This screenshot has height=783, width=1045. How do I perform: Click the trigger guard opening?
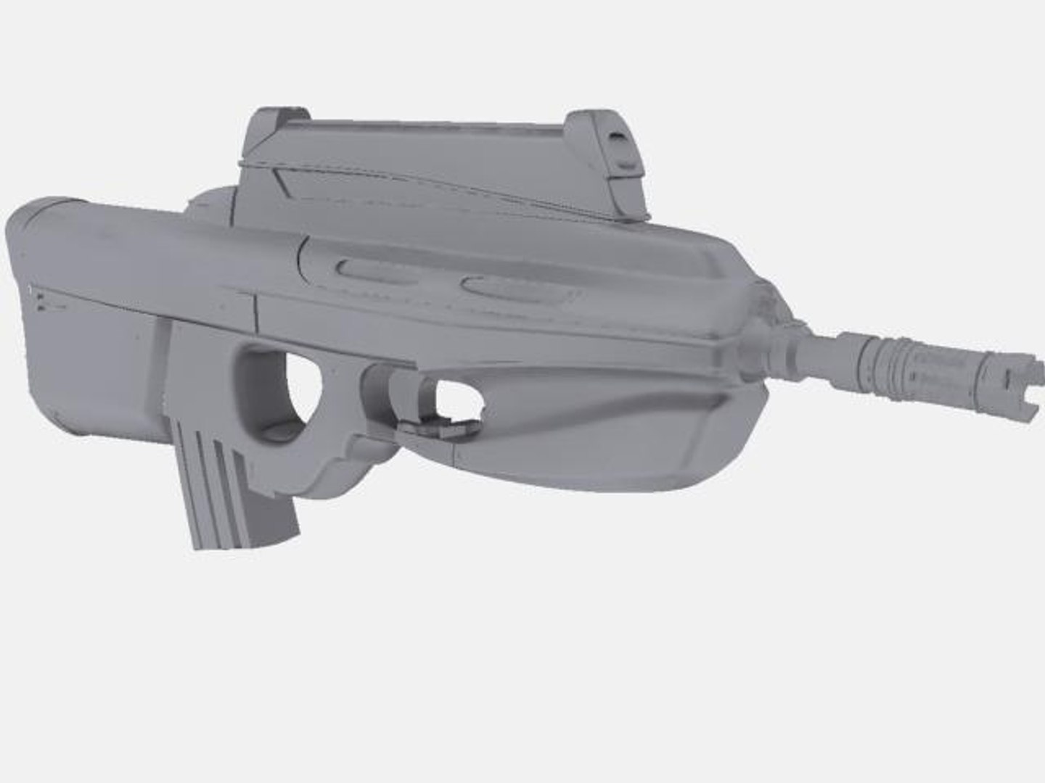pos(454,399)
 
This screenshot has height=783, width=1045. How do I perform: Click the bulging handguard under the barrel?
pos(581,428)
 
